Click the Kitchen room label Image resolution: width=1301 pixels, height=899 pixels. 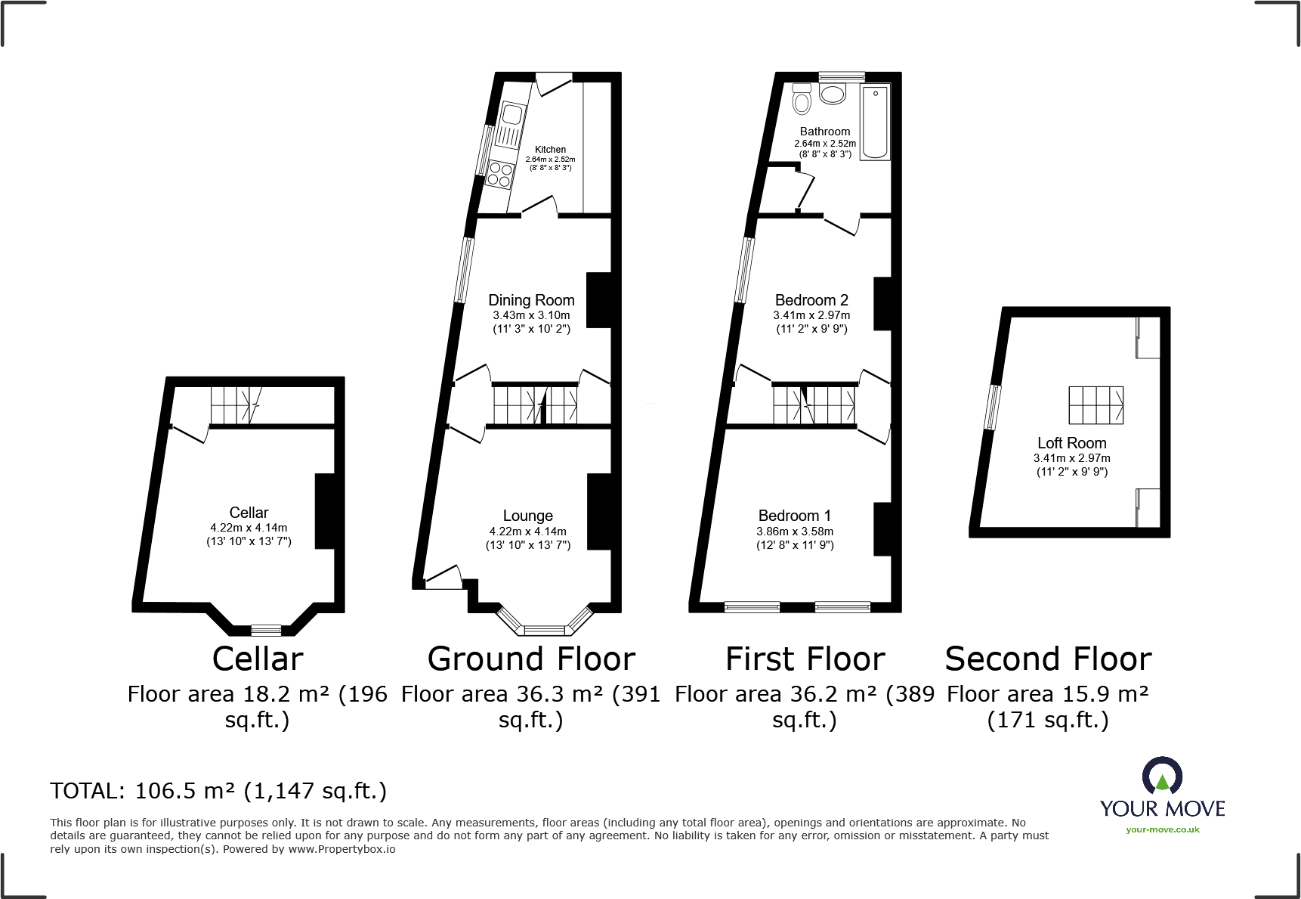coord(550,150)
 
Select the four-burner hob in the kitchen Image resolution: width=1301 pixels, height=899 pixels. coord(499,174)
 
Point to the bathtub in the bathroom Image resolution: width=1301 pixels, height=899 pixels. coord(876,122)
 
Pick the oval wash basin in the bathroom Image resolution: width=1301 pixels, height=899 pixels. coord(833,95)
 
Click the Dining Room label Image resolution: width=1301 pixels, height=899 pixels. coord(531,300)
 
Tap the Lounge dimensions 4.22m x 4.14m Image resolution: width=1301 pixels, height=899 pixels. coord(527,532)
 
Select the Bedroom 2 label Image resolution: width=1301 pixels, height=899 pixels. coord(811,300)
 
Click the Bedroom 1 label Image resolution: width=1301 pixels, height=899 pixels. coord(795,516)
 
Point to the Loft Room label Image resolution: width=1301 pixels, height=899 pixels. coord(1071,443)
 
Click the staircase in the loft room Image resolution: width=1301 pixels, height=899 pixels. coord(1095,405)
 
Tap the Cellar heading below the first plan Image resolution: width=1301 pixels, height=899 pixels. coord(258,659)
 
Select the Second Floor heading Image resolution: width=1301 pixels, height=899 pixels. coord(1048,659)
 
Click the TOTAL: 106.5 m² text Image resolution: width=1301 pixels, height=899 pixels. coord(218,791)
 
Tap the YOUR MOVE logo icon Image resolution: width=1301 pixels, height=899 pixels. coord(1162,777)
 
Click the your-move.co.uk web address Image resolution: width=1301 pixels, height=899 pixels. coord(1162,829)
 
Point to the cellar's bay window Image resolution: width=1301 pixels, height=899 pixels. coord(266,630)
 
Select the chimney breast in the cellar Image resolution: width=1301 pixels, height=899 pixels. coord(325,510)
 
